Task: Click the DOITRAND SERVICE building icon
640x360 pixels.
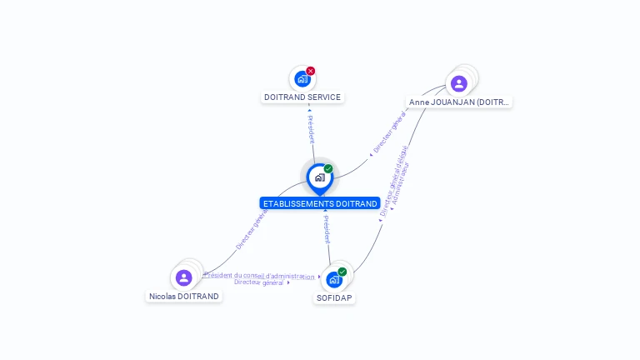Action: tap(302, 79)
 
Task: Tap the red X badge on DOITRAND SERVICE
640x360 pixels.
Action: tap(311, 71)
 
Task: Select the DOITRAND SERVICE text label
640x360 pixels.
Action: tap(302, 97)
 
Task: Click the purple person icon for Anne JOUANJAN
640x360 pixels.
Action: tap(458, 83)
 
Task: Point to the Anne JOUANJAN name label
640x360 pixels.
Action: tap(459, 102)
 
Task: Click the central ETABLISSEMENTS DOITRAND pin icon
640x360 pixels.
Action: tap(319, 177)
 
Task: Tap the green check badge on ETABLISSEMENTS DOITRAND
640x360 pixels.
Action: tap(328, 169)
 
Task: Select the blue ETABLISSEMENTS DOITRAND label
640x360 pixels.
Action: tap(320, 203)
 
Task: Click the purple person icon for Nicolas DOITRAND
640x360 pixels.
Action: tap(184, 277)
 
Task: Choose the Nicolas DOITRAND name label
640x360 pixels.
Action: tap(184, 297)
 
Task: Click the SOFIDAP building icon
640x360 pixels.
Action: tap(334, 279)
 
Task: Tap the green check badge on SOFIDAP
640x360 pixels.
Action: tap(342, 272)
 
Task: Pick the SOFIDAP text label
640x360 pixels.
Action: tap(334, 297)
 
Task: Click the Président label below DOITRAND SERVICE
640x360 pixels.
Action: tap(311, 127)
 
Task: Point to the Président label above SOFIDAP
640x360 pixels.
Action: tap(327, 229)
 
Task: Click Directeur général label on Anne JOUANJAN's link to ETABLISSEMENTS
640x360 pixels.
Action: tap(388, 132)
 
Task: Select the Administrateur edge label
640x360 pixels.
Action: tap(401, 183)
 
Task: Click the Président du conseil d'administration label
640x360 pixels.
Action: tap(261, 276)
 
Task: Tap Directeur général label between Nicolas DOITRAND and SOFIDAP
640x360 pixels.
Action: tap(260, 283)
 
